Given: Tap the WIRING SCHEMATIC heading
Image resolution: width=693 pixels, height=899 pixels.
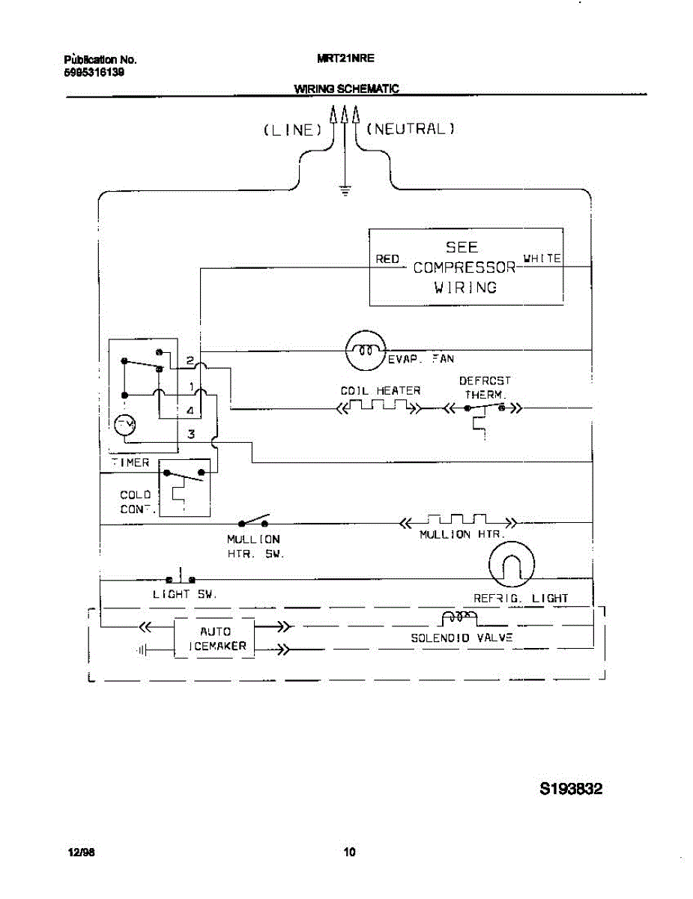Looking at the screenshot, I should click(x=346, y=88).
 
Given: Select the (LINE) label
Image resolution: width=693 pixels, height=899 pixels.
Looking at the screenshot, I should click(x=292, y=130).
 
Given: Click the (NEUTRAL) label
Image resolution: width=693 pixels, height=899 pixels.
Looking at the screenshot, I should click(x=411, y=129).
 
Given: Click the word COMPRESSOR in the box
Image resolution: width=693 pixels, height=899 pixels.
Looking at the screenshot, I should click(x=464, y=267).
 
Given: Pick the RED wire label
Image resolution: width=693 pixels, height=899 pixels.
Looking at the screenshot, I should click(x=387, y=259).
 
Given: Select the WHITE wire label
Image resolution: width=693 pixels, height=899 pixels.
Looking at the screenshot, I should click(x=542, y=258).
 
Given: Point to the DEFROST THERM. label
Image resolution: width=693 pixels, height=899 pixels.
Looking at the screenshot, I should click(x=485, y=387).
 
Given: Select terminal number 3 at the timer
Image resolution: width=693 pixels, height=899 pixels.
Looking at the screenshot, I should click(x=191, y=434).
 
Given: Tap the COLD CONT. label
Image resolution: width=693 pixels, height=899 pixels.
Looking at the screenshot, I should click(x=136, y=502).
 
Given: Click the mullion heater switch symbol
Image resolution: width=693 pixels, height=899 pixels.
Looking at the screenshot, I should click(x=254, y=521).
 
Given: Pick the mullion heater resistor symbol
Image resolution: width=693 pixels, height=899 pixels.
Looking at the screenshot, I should click(x=458, y=520).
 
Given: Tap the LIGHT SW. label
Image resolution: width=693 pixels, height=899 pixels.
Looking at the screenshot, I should click(x=184, y=594).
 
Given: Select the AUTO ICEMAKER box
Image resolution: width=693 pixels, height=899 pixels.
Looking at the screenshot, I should click(x=215, y=638).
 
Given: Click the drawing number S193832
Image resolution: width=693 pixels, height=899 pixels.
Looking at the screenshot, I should click(x=571, y=789).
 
